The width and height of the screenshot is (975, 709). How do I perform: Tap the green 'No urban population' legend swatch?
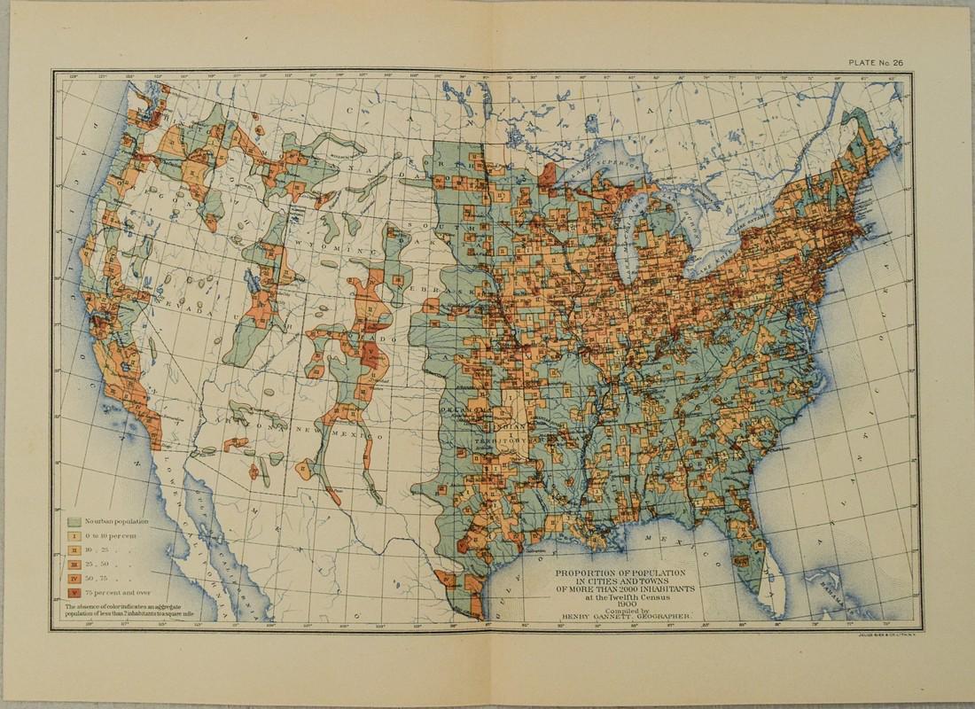pos(74,521)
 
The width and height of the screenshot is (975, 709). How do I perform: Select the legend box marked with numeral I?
pos(74,535)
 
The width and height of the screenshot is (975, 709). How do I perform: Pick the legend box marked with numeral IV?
pos(74,577)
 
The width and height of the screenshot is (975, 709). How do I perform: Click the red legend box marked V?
pos(74,591)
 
